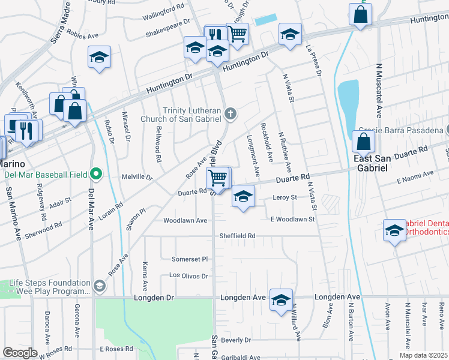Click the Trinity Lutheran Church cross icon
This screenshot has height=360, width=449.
tap(230, 113)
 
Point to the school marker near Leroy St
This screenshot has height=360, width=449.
tap(243, 196)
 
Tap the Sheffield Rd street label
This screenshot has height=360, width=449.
tap(237, 236)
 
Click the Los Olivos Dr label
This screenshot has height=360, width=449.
tap(188, 276)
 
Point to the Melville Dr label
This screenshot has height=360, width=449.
tap(137, 177)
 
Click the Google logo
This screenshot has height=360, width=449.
tap(20, 353)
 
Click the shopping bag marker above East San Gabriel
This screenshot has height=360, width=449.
tap(363, 142)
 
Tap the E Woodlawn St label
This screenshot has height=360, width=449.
tap(292, 220)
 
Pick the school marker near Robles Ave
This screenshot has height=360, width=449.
tap(99, 58)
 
